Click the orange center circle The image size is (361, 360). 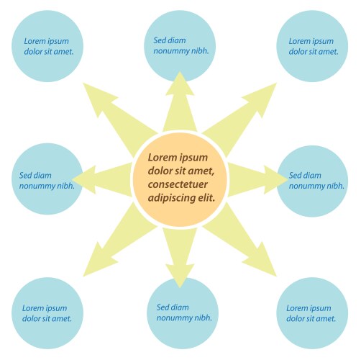pos(180,179)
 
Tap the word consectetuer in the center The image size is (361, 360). pos(178,184)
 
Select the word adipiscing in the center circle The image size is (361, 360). pos(170,198)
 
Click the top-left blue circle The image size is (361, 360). pos(47,46)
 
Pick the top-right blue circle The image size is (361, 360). pos(312,46)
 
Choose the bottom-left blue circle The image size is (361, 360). pos(47,313)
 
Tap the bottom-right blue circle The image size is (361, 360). pos(312,313)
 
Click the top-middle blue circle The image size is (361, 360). pos(180,46)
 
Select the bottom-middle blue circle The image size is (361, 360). pos(183,313)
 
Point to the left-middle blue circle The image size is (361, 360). pos(47,179)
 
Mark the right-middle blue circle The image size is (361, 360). pos(312,181)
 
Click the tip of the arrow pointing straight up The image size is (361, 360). pos(180,71)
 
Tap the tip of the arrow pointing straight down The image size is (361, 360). pos(180,288)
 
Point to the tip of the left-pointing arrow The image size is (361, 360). pos(72,179)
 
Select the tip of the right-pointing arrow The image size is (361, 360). pos(288,179)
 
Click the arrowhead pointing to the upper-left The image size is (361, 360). pos(96,96)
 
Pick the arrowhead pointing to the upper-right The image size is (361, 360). pos(264,96)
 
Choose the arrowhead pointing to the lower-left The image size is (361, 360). pos(96,263)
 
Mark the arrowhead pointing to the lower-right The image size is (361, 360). pos(264,263)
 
